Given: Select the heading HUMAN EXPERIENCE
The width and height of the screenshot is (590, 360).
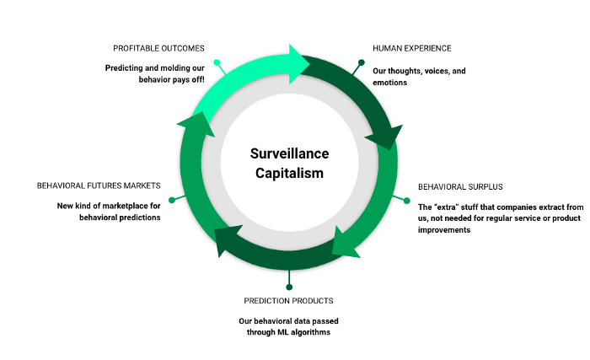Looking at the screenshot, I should coord(412,48).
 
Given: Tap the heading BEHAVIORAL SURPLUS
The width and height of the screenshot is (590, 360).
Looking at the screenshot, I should coord(459,185).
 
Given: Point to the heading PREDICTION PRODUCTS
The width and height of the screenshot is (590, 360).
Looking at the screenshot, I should coord(288,300).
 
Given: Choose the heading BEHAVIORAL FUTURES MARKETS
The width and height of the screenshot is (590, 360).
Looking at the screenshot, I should coord(99,185).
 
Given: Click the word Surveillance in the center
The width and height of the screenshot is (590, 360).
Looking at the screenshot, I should coord(289,153).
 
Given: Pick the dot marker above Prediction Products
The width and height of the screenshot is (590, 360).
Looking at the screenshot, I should coord(289,272).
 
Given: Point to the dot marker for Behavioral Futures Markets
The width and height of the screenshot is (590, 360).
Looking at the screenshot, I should coord(171,200).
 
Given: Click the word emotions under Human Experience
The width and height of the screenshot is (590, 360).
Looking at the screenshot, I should coord(391,83).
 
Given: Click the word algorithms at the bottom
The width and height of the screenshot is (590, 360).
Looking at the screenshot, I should coord(314,332).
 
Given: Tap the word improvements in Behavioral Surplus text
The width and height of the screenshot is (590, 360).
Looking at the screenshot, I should coord(444,229).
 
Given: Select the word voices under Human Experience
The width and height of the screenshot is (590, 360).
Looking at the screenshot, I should coord(434,72).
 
